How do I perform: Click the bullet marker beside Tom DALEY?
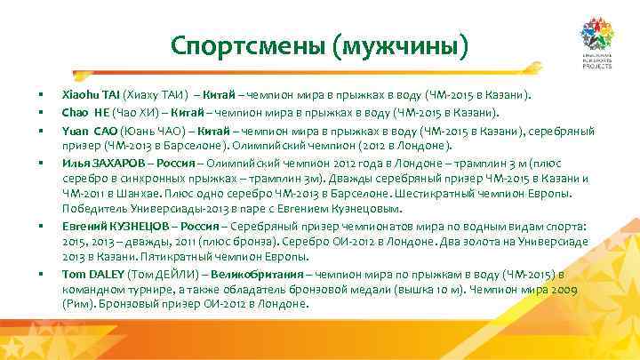[40, 275]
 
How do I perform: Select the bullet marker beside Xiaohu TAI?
[40, 93]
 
